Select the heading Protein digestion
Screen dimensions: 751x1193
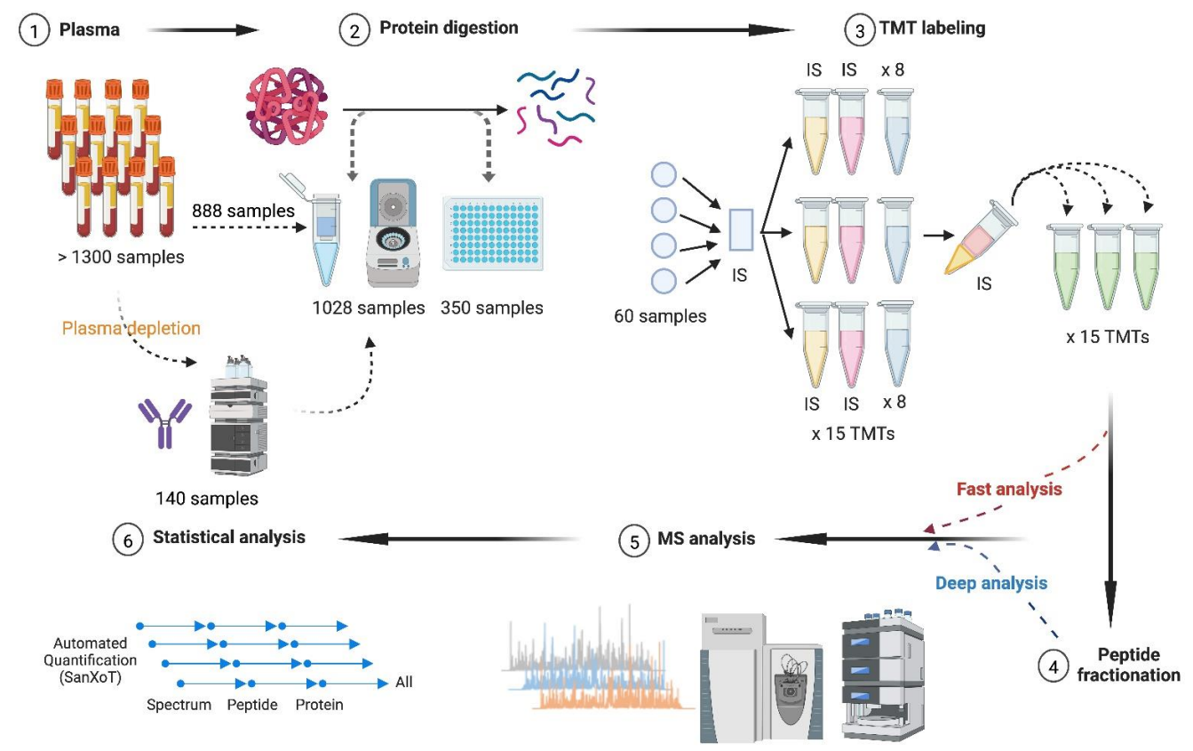pyautogui.click(x=449, y=28)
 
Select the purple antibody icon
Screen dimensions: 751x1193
pyautogui.click(x=164, y=422)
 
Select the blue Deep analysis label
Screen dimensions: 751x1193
pyautogui.click(x=991, y=583)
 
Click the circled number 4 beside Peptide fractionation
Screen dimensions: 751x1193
pyautogui.click(x=1053, y=666)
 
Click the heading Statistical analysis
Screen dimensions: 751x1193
pyautogui.click(x=229, y=537)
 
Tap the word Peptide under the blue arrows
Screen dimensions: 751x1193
pyautogui.click(x=252, y=705)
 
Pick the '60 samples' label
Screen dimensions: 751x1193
pyautogui.click(x=660, y=316)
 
